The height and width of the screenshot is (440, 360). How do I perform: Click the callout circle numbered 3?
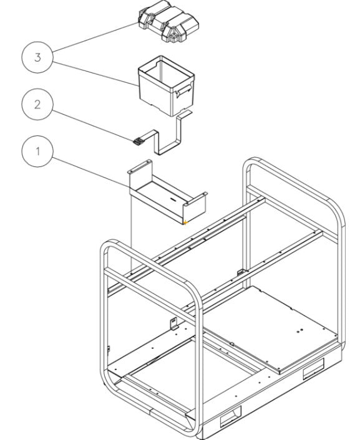click(x=38, y=58)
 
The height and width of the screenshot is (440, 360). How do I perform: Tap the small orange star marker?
click(x=185, y=221)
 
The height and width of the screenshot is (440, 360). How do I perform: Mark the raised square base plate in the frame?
click(x=278, y=327)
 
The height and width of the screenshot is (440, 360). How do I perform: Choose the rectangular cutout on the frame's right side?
click(x=311, y=373)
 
